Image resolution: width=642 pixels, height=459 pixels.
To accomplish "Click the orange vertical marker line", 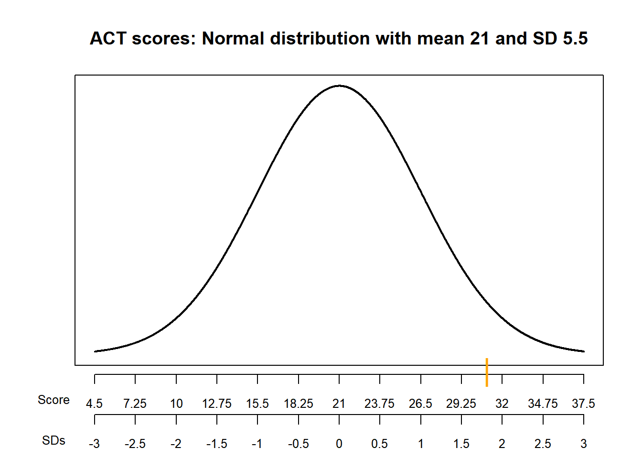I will click(487, 372).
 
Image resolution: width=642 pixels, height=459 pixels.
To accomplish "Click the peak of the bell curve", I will click(339, 86).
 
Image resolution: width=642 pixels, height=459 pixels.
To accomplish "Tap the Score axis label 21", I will click(339, 404).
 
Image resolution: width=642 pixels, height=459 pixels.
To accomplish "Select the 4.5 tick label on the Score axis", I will click(94, 404).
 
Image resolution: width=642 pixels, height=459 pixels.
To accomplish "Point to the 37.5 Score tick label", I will click(583, 404).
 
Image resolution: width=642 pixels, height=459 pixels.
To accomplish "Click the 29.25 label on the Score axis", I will click(461, 404).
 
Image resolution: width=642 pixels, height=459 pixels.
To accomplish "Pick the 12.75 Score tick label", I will click(216, 404).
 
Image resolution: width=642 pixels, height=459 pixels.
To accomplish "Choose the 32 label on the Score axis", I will click(502, 404).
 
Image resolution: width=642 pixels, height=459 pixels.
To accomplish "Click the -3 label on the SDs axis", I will click(94, 444).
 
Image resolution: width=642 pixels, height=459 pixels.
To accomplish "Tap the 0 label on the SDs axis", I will click(339, 444).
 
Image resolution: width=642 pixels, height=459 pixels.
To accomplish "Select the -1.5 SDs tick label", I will click(216, 444).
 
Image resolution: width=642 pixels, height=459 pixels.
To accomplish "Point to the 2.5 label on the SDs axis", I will click(543, 444).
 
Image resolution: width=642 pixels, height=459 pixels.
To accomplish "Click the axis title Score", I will click(53, 400).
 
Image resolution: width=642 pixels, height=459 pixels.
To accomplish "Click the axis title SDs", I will click(53, 440).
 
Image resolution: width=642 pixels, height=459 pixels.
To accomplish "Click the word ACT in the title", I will click(108, 38).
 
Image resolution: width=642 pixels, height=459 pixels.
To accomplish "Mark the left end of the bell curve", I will click(95, 351).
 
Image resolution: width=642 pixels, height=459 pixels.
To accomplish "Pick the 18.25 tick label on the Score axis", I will click(298, 404).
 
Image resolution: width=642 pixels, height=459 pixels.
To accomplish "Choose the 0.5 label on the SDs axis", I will click(380, 444).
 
